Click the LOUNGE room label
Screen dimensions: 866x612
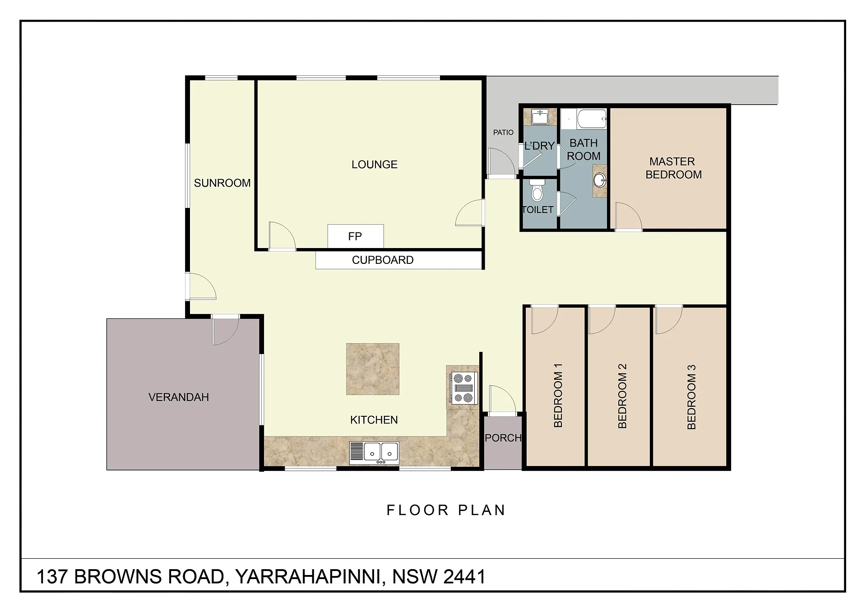[x=375, y=165]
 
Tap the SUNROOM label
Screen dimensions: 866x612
[x=222, y=183]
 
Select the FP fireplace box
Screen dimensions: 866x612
[x=356, y=236]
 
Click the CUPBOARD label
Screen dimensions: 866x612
[x=383, y=260]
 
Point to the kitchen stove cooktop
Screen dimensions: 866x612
[x=464, y=388]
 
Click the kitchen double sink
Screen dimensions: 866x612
[x=374, y=453]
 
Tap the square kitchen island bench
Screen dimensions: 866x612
[x=373, y=369]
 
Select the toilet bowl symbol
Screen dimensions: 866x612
[x=537, y=191]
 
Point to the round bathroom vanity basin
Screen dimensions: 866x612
[x=600, y=180]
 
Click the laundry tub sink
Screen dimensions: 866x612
[x=539, y=117]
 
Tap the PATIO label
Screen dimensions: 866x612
[x=503, y=133]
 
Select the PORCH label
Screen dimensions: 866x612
[x=503, y=438]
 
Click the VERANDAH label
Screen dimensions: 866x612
[x=179, y=397]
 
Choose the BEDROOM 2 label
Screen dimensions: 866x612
[x=622, y=396]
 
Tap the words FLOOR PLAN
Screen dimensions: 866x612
[x=446, y=510]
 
